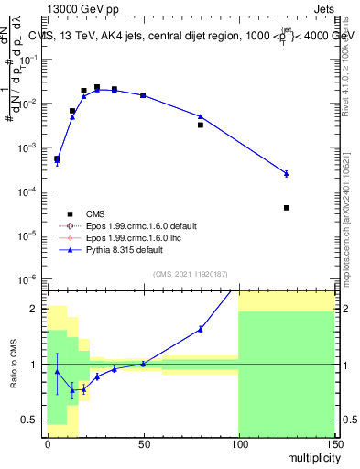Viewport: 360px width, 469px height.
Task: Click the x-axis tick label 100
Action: click(238, 442)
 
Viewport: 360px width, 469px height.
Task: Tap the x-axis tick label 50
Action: click(143, 442)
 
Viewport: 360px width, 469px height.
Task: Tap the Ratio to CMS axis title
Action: click(12, 365)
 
